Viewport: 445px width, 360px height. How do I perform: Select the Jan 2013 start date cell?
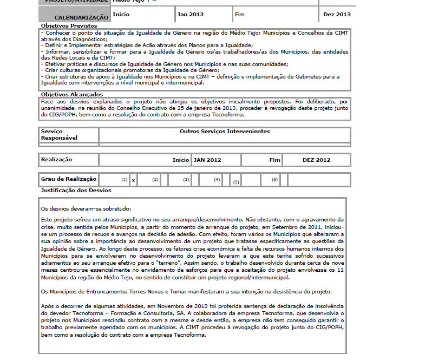click(x=191, y=14)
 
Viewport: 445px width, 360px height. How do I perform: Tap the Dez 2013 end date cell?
click(x=337, y=14)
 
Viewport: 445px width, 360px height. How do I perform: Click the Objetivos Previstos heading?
click(x=69, y=25)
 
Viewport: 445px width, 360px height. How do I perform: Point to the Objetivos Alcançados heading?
click(x=72, y=94)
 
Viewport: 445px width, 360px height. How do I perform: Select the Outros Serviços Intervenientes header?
click(x=224, y=132)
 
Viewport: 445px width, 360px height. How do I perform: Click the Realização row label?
click(x=57, y=160)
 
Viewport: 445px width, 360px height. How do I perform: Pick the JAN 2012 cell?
click(x=207, y=160)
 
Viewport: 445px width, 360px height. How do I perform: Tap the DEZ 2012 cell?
click(x=316, y=160)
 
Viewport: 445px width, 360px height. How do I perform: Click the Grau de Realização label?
click(x=69, y=179)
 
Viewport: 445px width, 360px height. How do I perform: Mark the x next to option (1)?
click(x=133, y=180)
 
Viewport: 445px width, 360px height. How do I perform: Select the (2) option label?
click(x=155, y=179)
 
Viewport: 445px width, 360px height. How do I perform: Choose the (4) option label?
click(x=217, y=179)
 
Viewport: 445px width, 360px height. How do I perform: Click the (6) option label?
click(x=275, y=179)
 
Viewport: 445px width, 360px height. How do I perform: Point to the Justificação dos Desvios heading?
click(x=76, y=191)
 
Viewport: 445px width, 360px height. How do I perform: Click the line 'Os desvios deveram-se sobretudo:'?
click(x=86, y=208)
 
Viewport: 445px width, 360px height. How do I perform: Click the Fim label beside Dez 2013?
click(x=240, y=14)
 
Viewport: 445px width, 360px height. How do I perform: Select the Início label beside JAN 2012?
click(x=181, y=160)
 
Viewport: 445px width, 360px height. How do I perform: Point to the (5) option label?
click(x=236, y=182)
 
